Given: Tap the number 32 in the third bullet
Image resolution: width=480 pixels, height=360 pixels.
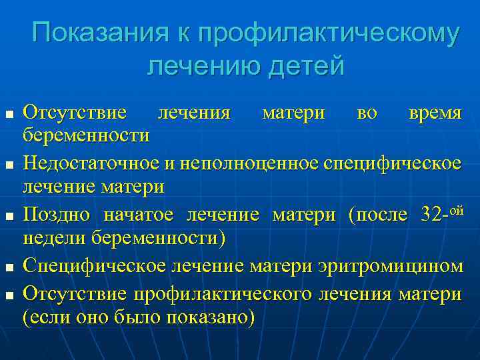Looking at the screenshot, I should coord(434,215).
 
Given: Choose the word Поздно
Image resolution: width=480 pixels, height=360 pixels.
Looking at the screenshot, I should coord(55,215).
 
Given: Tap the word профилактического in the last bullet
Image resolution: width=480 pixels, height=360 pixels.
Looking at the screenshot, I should coord(227,292).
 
